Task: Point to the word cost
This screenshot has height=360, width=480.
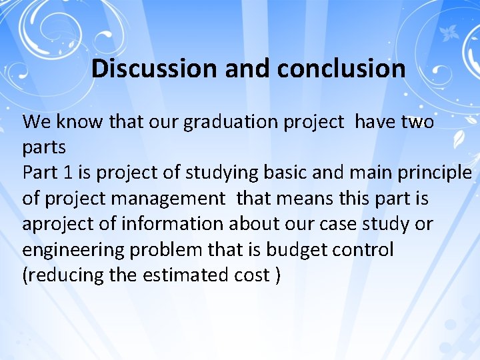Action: pos(250,275)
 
